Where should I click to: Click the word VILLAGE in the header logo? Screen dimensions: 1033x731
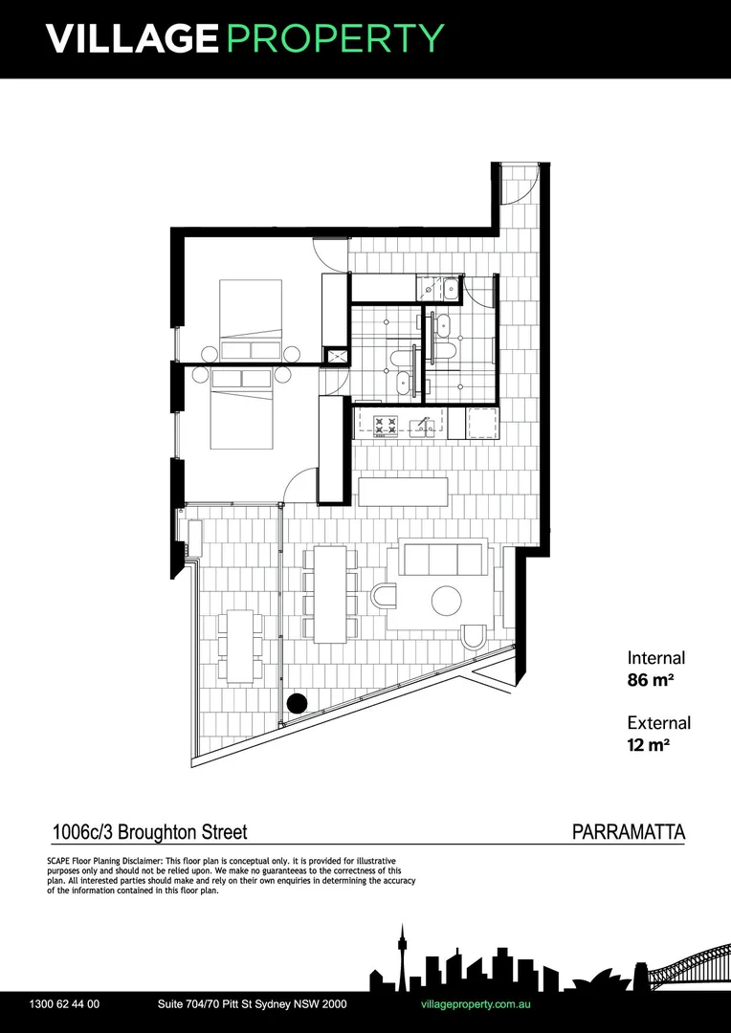pos(132,38)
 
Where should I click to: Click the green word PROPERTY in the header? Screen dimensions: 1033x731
pos(335,38)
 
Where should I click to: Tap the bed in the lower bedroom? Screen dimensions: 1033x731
pos(241,409)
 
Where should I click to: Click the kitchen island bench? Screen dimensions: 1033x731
pos(403,492)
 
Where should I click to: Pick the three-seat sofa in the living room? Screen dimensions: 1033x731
pos(442,558)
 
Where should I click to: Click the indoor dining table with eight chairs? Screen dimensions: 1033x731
pos(330,593)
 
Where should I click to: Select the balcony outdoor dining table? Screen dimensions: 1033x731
pos(240,646)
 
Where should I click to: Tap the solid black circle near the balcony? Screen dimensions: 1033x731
pos(297,703)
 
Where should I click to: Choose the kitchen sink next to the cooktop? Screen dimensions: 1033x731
pos(420,426)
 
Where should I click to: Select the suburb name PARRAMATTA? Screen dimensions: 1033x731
pos(628,832)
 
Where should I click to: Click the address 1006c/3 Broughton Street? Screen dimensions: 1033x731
pos(149,833)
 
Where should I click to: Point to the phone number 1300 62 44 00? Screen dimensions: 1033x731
pos(65,1004)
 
